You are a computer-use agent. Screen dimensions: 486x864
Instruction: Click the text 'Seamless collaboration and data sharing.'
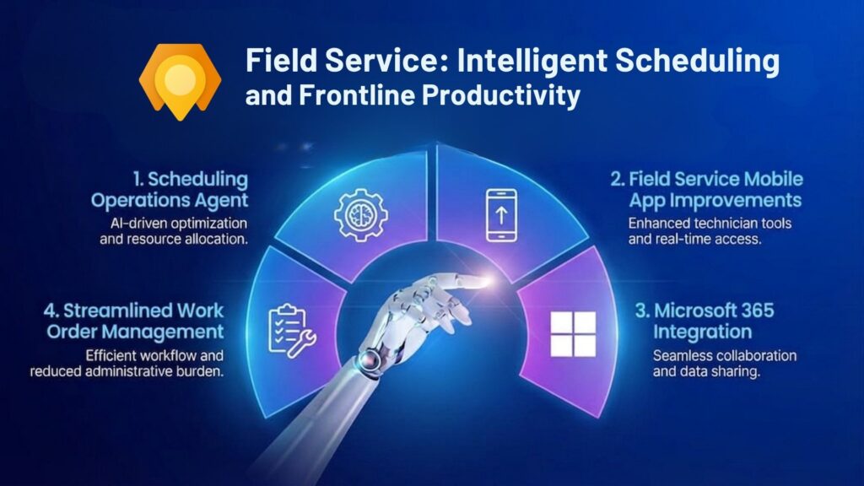coord(724,363)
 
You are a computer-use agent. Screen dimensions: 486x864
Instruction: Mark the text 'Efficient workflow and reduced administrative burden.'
coord(127,363)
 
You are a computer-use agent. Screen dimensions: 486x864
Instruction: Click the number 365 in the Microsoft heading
coord(749,309)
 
